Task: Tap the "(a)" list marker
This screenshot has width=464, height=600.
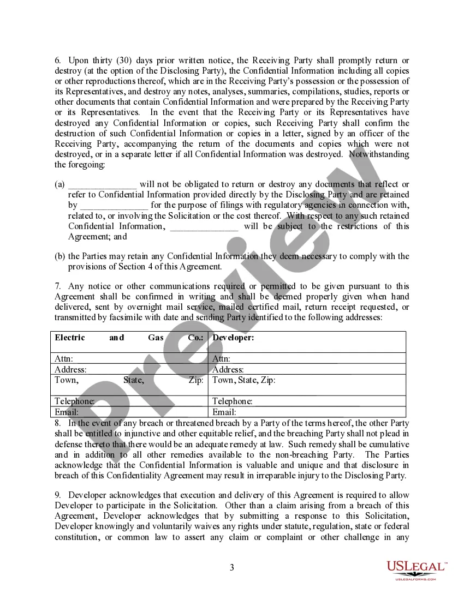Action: (x=60, y=185)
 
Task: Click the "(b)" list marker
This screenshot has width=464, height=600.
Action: (x=60, y=256)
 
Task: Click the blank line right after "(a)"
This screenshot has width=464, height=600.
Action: (x=102, y=185)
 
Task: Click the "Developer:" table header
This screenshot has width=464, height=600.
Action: (x=233, y=338)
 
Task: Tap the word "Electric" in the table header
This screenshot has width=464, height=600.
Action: (x=70, y=338)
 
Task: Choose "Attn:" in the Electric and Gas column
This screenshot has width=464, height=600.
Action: (x=64, y=359)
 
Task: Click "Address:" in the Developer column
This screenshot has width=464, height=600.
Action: (x=228, y=370)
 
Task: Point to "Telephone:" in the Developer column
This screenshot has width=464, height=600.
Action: (x=232, y=401)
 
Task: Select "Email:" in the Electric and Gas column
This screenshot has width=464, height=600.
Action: (x=67, y=412)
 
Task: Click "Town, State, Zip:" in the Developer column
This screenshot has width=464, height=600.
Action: (x=243, y=380)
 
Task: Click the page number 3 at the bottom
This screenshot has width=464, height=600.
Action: (x=231, y=568)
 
